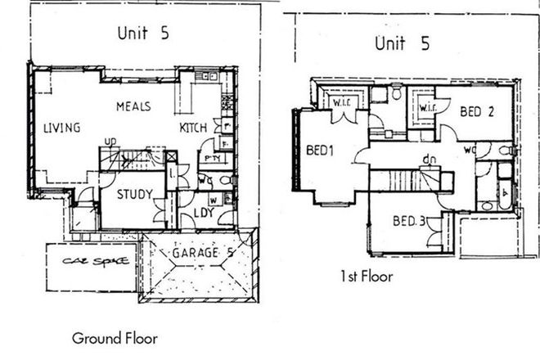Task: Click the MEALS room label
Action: pos(132,106)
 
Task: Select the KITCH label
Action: pos(194,128)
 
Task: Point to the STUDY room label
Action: pos(132,194)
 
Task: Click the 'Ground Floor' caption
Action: pos(115,337)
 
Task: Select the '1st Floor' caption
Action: pos(367,277)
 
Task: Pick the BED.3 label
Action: pos(407,221)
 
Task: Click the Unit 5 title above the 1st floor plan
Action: pos(400,42)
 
